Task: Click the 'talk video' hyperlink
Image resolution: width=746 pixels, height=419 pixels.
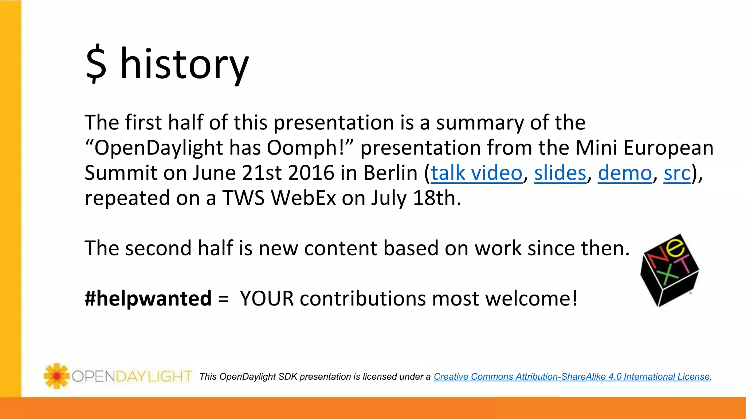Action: click(476, 173)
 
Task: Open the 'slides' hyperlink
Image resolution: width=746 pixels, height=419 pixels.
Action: click(560, 173)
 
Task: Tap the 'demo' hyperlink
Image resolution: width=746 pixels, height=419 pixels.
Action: click(625, 173)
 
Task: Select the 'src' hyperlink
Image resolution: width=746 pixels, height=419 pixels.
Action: click(677, 173)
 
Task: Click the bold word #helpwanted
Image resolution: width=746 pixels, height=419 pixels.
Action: click(148, 299)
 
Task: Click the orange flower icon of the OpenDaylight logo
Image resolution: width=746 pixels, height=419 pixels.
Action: click(56, 376)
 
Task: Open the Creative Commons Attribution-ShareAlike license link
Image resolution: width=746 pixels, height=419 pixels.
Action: click(572, 377)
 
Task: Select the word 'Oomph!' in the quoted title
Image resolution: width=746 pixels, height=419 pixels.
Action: click(310, 148)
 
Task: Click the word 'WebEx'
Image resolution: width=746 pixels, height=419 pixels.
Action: click(303, 198)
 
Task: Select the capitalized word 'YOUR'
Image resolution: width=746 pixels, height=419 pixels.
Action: click(267, 299)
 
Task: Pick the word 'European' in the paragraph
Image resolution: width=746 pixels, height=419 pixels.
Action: click(668, 148)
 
